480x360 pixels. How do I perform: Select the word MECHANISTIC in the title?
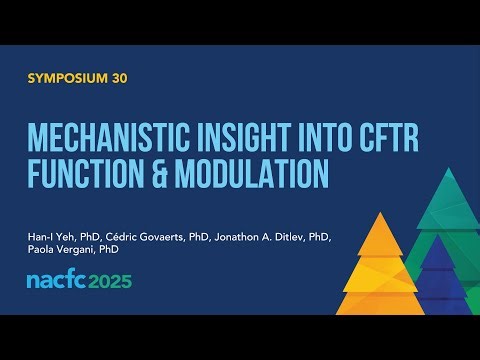pos(114,137)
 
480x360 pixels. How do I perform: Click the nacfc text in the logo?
pos(57,281)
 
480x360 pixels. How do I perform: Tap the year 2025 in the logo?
pos(111,281)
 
